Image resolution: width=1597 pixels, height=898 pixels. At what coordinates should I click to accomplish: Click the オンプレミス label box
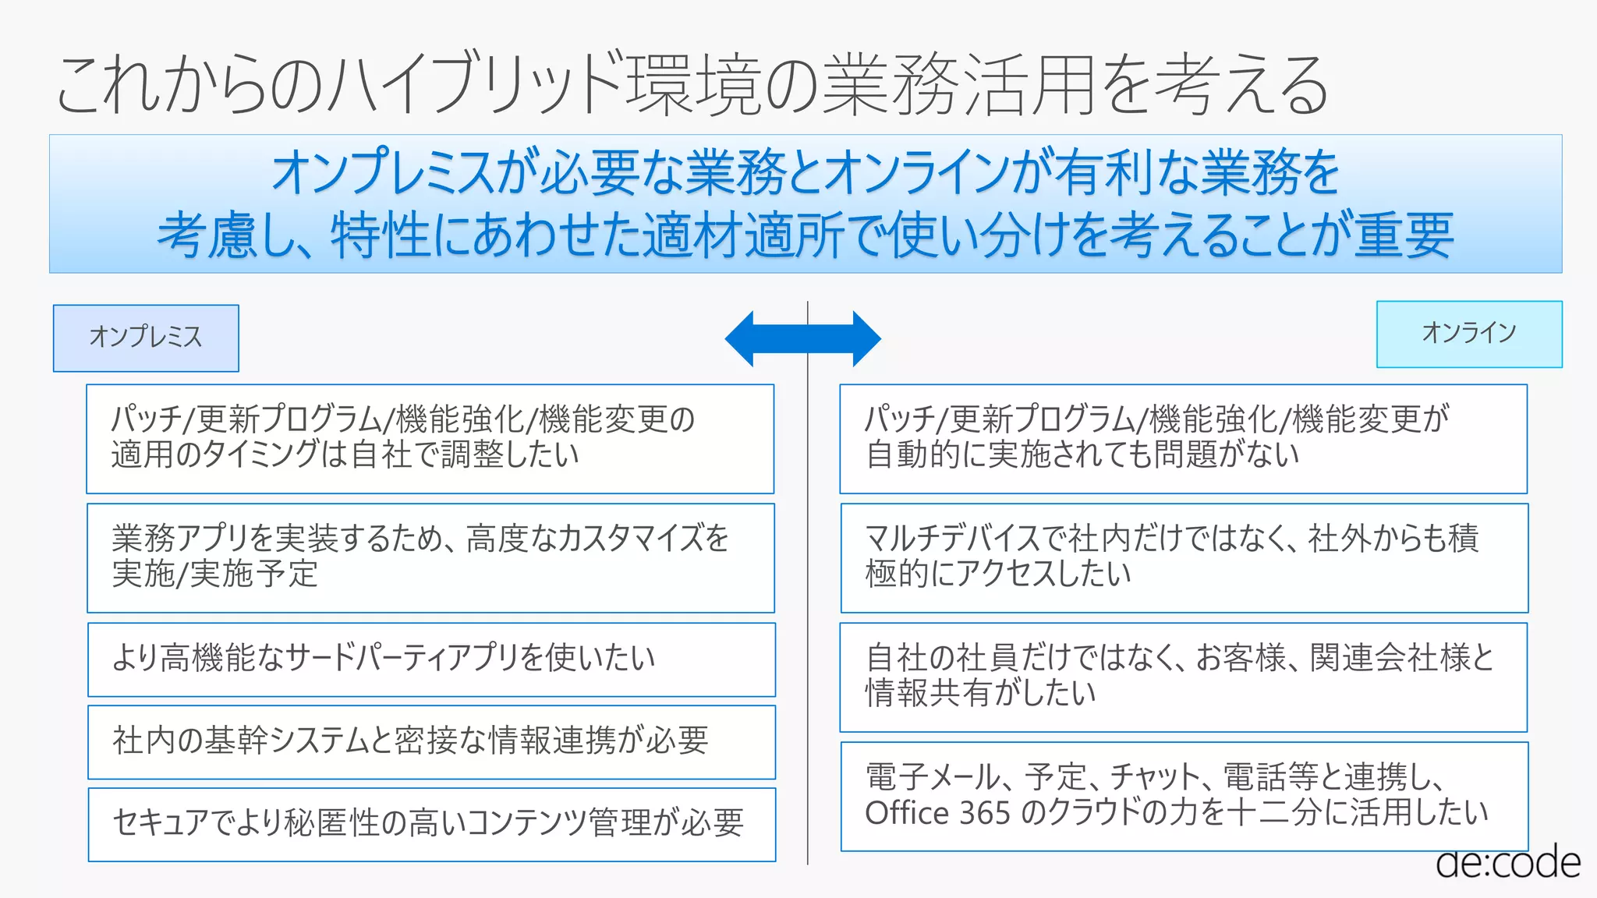tap(146, 338)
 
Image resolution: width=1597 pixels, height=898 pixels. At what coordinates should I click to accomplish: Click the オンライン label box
tap(1469, 334)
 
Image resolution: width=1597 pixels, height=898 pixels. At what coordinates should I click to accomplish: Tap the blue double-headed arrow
tap(803, 338)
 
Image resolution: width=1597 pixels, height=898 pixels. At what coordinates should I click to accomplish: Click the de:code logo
tap(1507, 863)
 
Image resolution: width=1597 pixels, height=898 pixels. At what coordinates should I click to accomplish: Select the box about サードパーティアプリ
tap(431, 659)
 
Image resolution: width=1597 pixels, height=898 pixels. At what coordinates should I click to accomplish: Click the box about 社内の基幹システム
tap(431, 742)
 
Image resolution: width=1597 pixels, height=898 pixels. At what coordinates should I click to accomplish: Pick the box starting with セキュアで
tap(431, 824)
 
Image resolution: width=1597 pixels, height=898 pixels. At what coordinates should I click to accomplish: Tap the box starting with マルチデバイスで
tap(1184, 557)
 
